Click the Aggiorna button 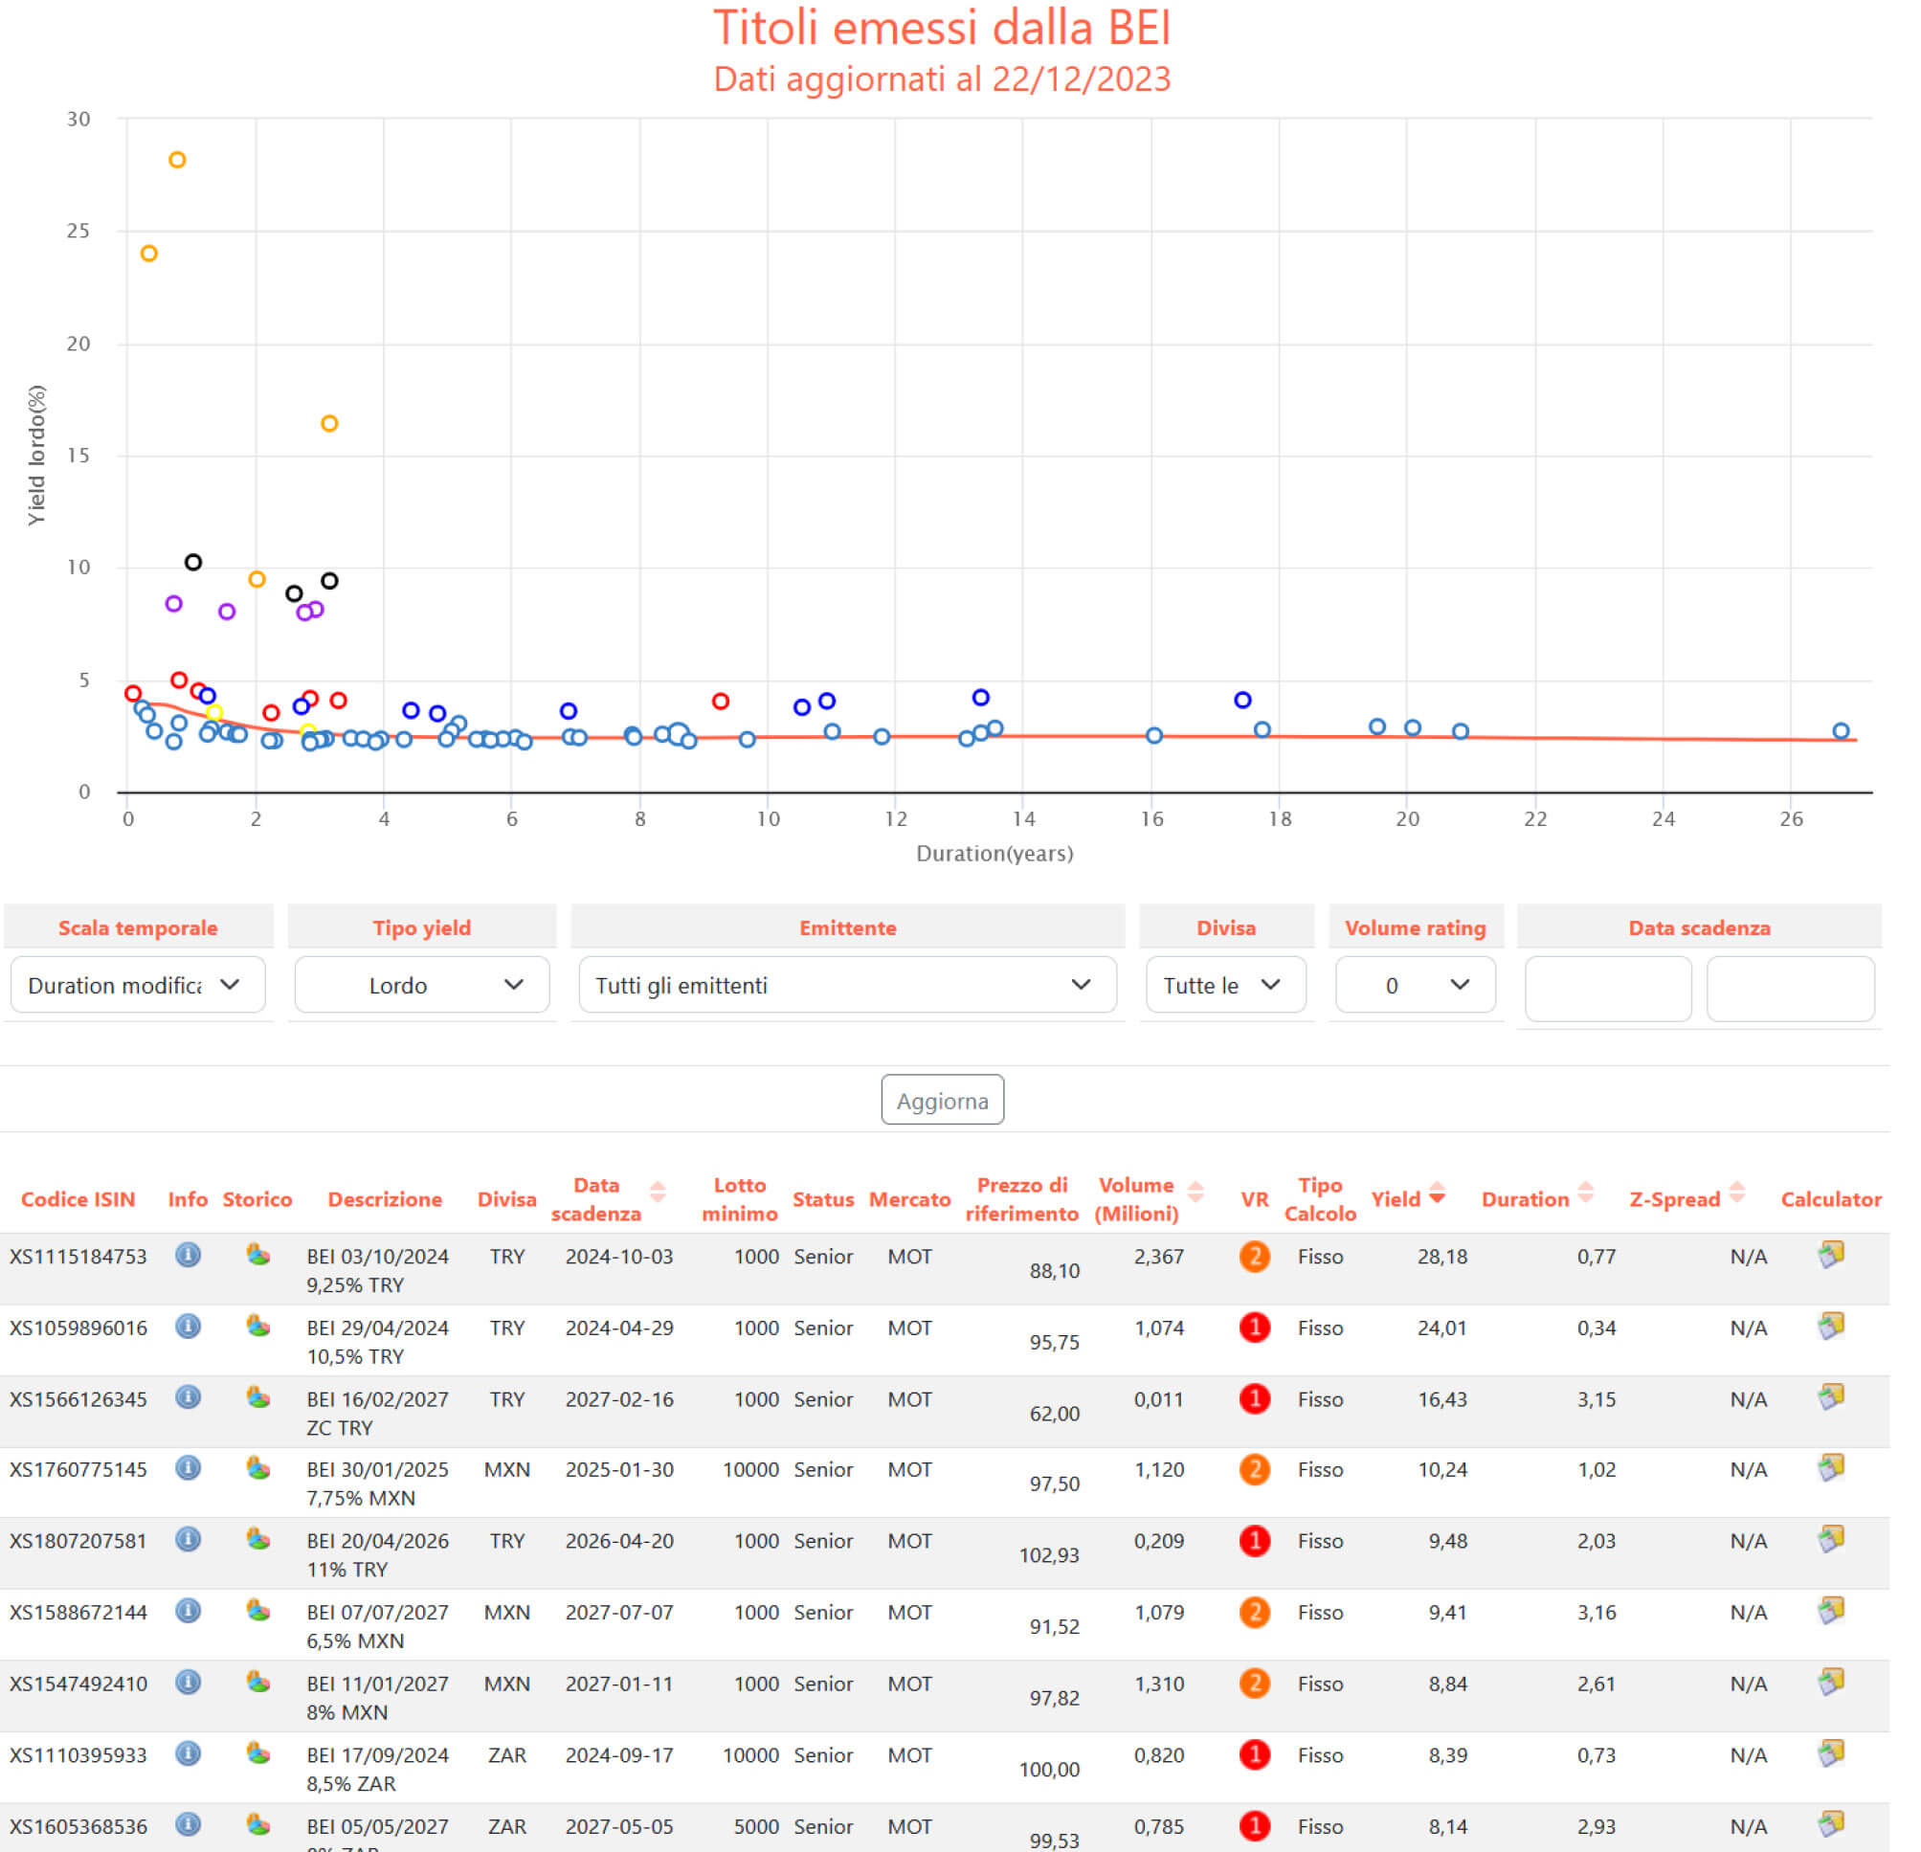click(x=941, y=1100)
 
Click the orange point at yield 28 click(x=177, y=160)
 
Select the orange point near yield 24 click(x=149, y=254)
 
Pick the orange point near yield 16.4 click(x=329, y=423)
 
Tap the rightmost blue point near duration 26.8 click(x=1840, y=731)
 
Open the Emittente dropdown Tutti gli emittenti click(x=846, y=985)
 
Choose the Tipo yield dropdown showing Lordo click(x=421, y=985)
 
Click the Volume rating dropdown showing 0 click(x=1415, y=985)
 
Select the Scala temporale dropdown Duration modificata click(x=137, y=985)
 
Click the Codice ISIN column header click(x=78, y=1198)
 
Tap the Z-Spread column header click(x=1674, y=1198)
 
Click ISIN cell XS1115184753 click(x=78, y=1257)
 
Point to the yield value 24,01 click(x=1441, y=1328)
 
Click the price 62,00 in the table click(x=1054, y=1413)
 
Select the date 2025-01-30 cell click(x=618, y=1469)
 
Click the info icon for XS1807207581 click(x=189, y=1539)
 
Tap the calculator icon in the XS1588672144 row click(x=1830, y=1610)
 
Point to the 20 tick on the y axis click(x=78, y=344)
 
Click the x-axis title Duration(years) click(x=994, y=854)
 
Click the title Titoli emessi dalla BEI click(x=941, y=28)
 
